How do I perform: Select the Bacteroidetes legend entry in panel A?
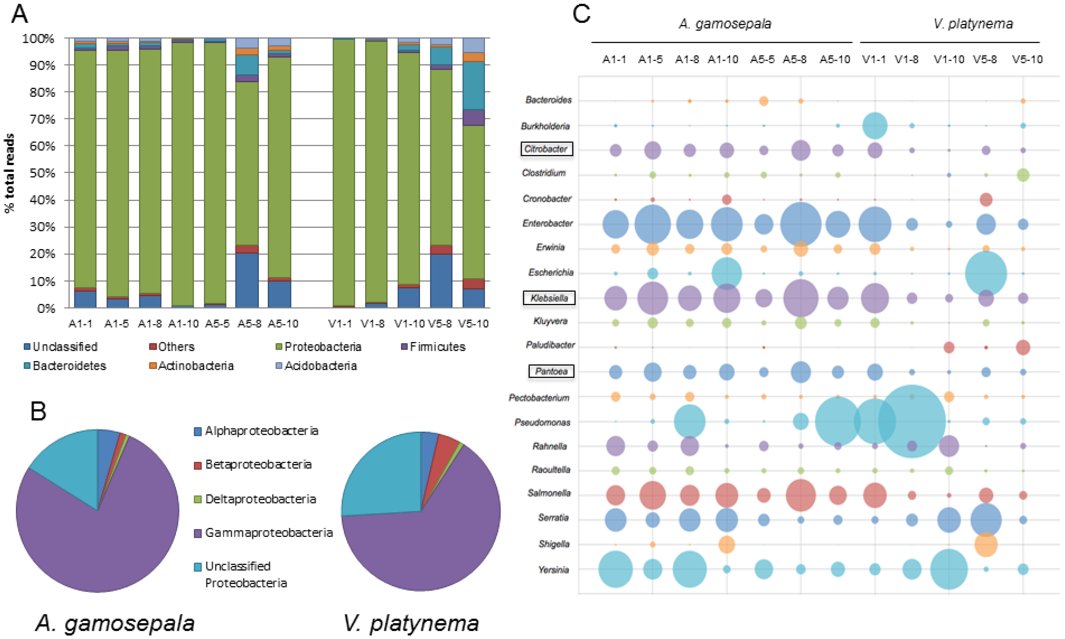click(x=64, y=365)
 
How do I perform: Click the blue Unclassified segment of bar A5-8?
click(x=247, y=280)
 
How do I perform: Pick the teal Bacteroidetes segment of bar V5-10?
click(x=473, y=85)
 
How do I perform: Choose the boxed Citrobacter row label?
click(x=546, y=149)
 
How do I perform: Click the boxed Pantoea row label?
click(x=551, y=371)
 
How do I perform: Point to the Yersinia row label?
click(x=553, y=570)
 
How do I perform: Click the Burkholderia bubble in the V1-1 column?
click(x=874, y=126)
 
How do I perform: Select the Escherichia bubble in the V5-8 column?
click(x=986, y=274)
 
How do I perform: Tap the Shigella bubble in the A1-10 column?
click(x=726, y=544)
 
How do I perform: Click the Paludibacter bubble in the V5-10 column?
click(x=1023, y=347)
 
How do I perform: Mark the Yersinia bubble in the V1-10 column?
click(x=948, y=569)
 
